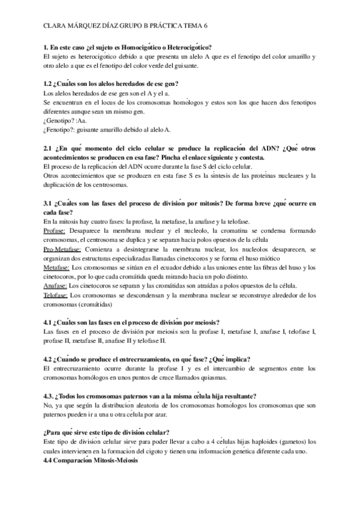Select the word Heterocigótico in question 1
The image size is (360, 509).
click(194, 47)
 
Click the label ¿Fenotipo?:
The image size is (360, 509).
click(61, 129)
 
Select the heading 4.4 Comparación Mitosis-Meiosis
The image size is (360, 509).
click(91, 460)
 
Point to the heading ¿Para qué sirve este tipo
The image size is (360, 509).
click(84, 432)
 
